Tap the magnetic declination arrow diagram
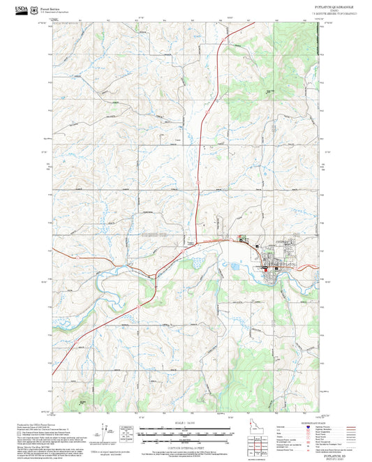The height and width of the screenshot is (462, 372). (107, 433)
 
